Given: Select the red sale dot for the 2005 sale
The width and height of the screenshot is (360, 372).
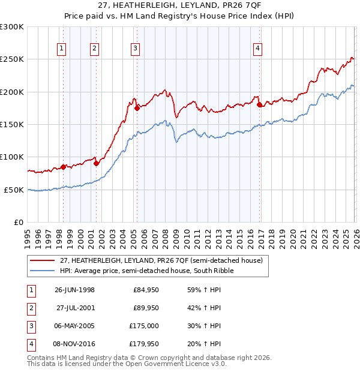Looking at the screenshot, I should (137, 108).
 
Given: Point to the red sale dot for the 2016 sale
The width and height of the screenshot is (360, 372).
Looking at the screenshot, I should (259, 105).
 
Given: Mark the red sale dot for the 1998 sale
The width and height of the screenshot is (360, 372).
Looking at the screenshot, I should (63, 167).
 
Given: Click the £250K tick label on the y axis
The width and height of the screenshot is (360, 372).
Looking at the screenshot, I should (12, 59).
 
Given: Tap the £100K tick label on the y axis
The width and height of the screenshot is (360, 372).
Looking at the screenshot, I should (12, 157).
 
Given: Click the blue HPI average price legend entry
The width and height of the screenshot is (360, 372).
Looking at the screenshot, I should (146, 271).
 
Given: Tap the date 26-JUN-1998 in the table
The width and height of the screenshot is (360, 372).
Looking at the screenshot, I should (74, 290).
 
